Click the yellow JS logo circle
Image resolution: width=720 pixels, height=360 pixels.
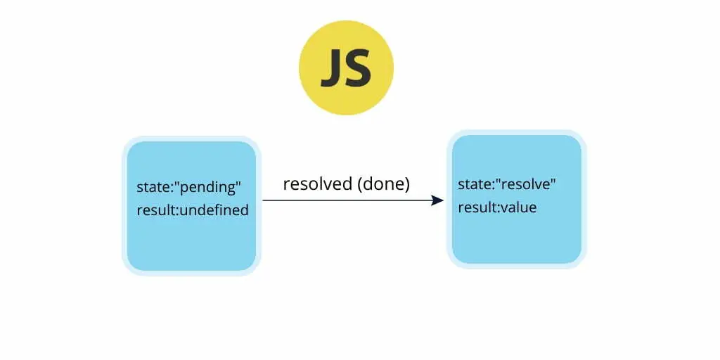click(x=346, y=67)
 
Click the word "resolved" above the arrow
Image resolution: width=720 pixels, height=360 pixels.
click(x=317, y=184)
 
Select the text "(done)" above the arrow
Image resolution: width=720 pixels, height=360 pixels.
click(x=383, y=184)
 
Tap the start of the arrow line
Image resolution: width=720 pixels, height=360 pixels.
click(x=263, y=200)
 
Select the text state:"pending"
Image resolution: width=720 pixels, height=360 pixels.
click(x=188, y=187)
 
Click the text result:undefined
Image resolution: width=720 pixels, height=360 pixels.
click(x=193, y=210)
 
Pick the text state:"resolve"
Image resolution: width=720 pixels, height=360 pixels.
click(x=507, y=184)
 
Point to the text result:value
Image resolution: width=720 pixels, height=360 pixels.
click(x=497, y=207)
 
